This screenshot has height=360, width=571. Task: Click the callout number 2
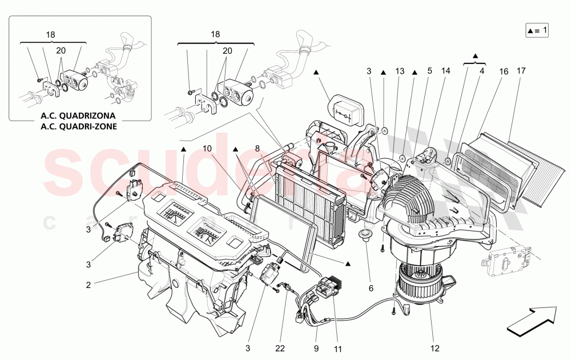coord(89,284)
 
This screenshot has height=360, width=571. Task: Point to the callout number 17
coord(521,71)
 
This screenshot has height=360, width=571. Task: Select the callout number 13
coord(399,71)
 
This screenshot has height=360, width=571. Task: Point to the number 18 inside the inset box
coord(51,34)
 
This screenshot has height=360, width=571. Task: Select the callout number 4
coord(482,71)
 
